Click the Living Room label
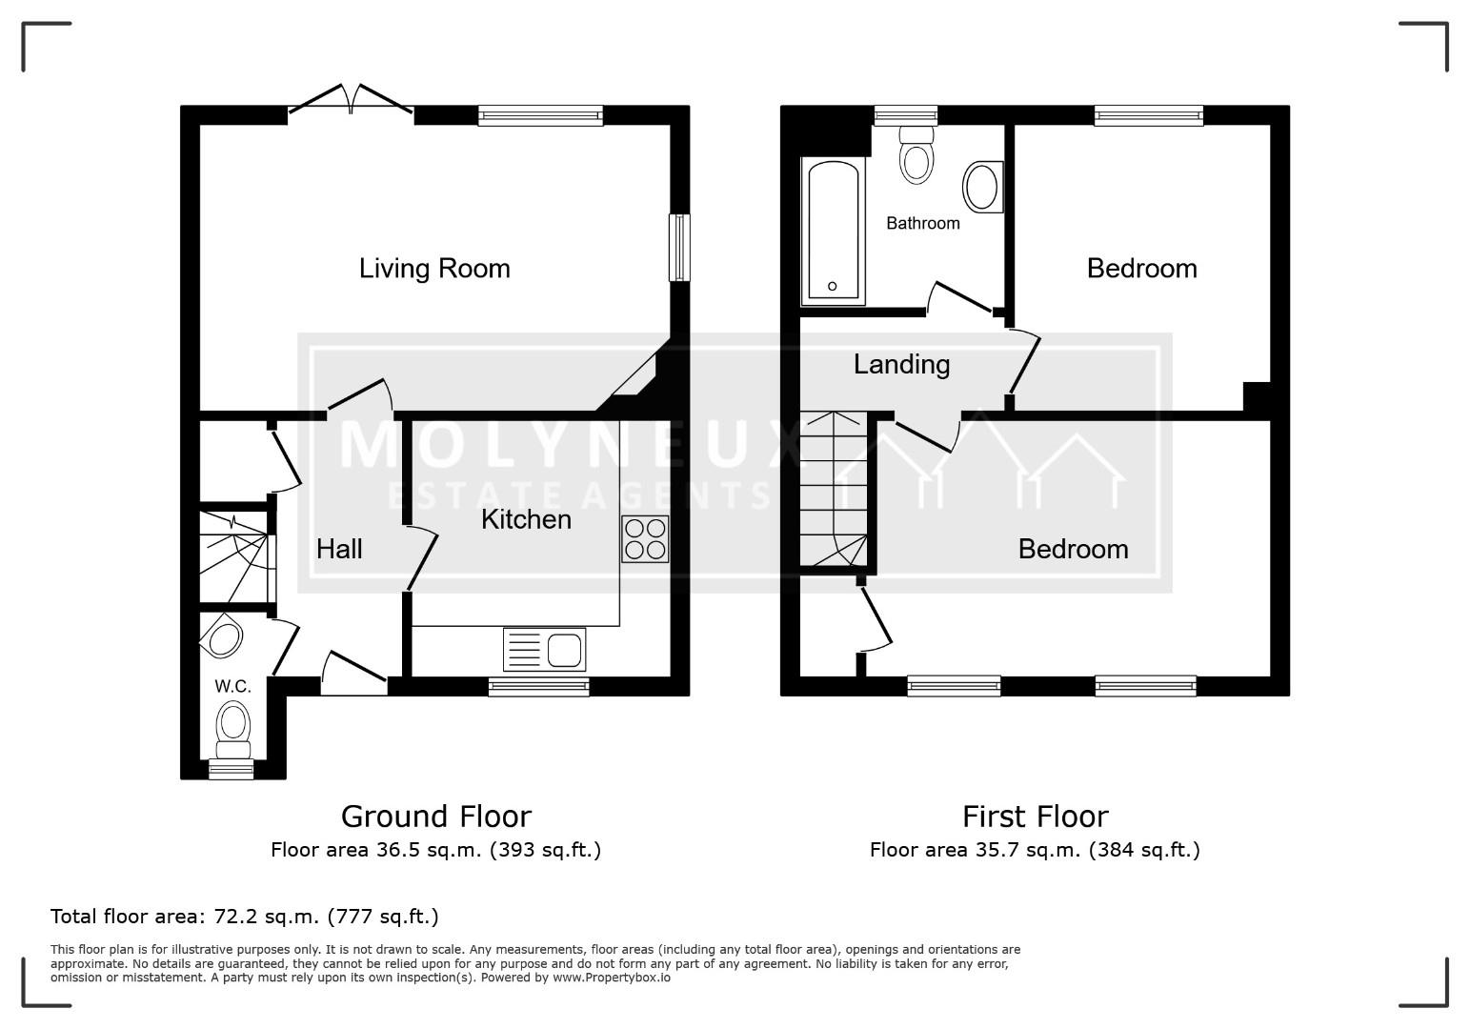click(x=434, y=269)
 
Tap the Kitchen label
click(x=526, y=520)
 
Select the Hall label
click(x=339, y=550)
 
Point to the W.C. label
click(x=233, y=686)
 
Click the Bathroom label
click(x=923, y=224)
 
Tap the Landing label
click(x=901, y=365)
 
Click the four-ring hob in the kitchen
click(x=645, y=538)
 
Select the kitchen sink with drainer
click(x=544, y=650)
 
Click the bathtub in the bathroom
click(x=834, y=231)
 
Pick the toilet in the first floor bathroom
click(x=916, y=154)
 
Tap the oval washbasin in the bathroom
click(x=983, y=187)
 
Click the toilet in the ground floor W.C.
click(x=233, y=730)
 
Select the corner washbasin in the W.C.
click(x=222, y=636)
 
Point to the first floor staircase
click(x=834, y=489)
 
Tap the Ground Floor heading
click(x=436, y=817)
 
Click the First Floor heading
click(x=1036, y=817)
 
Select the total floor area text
click(x=245, y=917)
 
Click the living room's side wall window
click(x=680, y=248)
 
